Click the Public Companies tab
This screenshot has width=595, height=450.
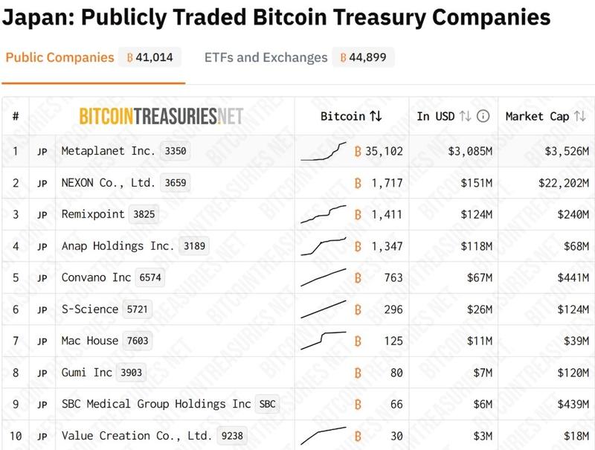tap(59, 57)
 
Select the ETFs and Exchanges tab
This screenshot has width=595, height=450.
tap(266, 57)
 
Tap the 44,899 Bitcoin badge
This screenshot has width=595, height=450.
tap(364, 57)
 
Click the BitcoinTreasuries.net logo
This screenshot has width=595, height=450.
tap(161, 116)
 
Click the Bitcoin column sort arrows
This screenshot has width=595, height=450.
tap(376, 116)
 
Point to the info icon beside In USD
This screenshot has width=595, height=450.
tap(483, 116)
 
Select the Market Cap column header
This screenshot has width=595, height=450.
tap(537, 116)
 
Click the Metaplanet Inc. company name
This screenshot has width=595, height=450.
tap(109, 151)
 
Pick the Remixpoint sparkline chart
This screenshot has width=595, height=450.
tap(324, 214)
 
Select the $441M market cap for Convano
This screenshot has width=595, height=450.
tap(568, 277)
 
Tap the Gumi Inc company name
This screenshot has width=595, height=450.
tap(87, 373)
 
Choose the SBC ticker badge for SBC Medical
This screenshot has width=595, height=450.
tap(266, 404)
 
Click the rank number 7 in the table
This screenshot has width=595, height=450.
tap(16, 341)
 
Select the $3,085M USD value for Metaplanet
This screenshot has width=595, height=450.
tap(470, 151)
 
